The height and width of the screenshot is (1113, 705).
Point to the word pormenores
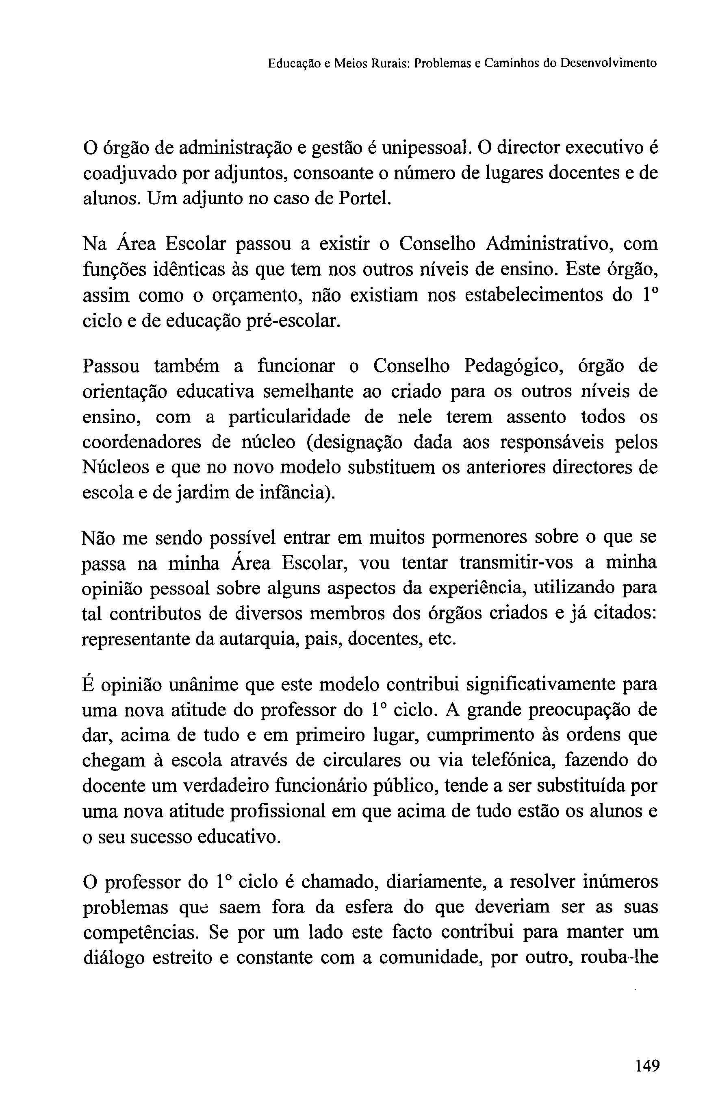pyautogui.click(x=476, y=538)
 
